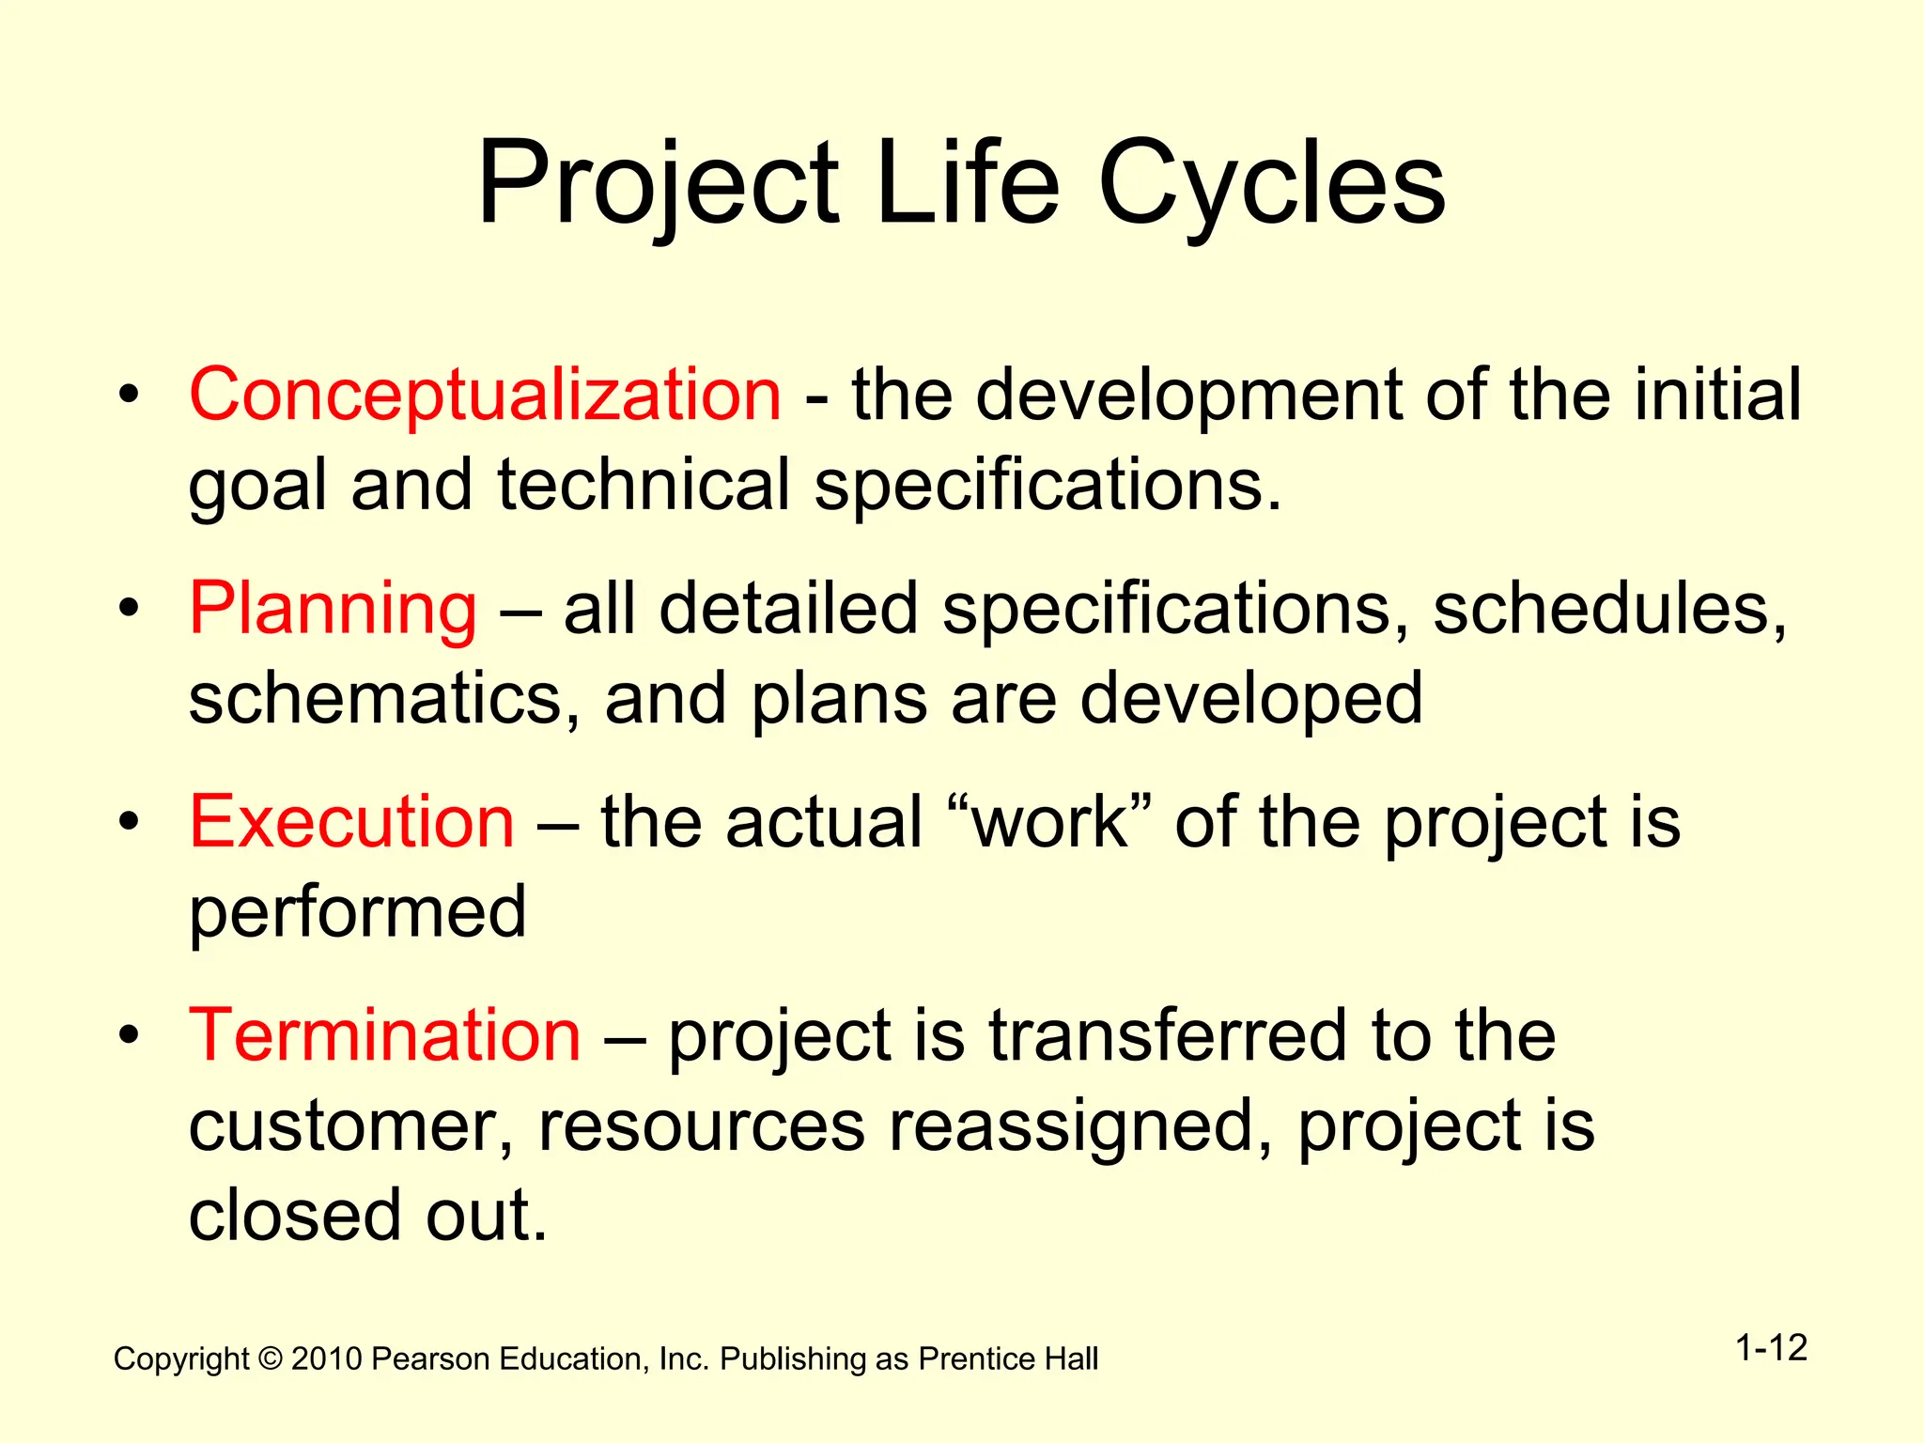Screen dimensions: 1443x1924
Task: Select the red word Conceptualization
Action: tap(485, 395)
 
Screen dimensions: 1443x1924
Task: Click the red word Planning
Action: tap(334, 609)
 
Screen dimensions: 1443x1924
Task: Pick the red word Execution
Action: tap(351, 822)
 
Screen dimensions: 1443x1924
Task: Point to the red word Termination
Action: tap(385, 1035)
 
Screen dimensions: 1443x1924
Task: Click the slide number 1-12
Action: tap(1771, 1348)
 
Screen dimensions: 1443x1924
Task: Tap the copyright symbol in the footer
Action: tap(271, 1359)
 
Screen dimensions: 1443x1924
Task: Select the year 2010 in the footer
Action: tap(326, 1359)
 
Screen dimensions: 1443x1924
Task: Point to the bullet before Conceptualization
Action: tap(129, 395)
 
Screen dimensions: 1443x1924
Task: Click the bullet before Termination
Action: tap(129, 1035)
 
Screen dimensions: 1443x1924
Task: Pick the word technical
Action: tap(644, 486)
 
